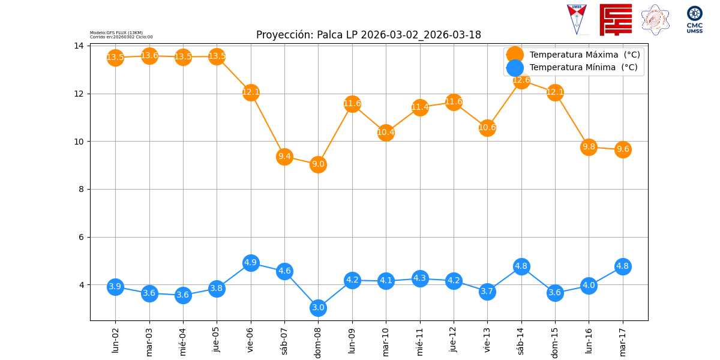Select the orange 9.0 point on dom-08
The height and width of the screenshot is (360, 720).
[x=318, y=164]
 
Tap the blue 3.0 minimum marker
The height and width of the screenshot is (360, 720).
[x=318, y=308]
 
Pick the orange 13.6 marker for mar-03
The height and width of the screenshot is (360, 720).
[x=149, y=56]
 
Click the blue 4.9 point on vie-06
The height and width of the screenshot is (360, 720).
[x=251, y=263]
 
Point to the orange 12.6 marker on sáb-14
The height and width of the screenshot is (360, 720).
[x=521, y=80]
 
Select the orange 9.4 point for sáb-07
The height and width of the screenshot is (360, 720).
[x=284, y=157]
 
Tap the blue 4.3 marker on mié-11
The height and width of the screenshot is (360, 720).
[x=420, y=278]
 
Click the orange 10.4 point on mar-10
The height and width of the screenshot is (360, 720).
[x=386, y=133]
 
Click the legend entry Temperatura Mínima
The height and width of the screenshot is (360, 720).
[x=583, y=68]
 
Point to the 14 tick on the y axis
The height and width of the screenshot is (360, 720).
[x=79, y=46]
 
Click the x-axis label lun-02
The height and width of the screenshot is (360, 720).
[x=115, y=340]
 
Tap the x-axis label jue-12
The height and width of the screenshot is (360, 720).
[x=454, y=340]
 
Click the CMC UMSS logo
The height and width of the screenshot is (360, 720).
[x=695, y=19]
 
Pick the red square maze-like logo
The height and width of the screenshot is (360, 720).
[x=616, y=19]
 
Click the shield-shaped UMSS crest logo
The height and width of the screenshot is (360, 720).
[x=577, y=19]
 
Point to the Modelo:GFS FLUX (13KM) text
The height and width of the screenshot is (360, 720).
[x=116, y=32]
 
